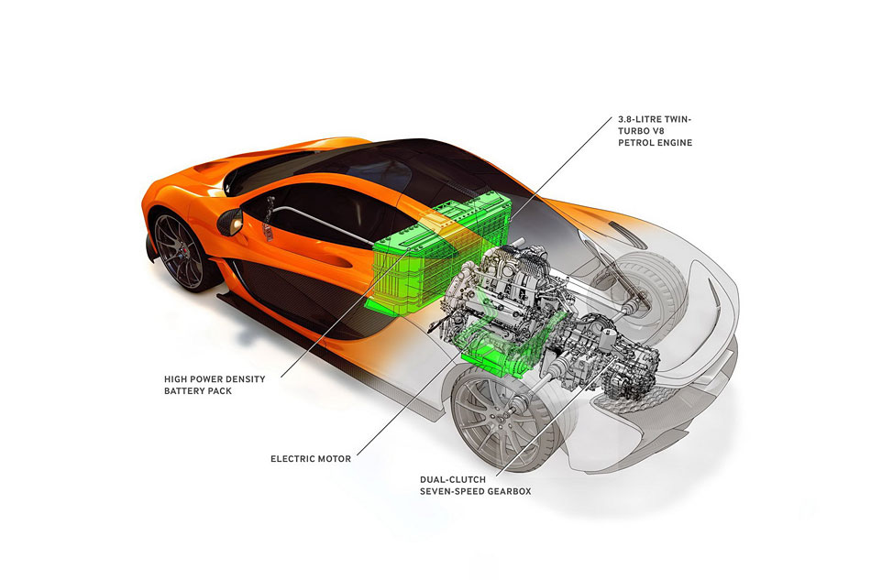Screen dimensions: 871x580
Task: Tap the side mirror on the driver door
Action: pyautogui.click(x=230, y=222)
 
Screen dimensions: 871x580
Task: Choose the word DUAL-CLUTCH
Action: pyautogui.click(x=453, y=479)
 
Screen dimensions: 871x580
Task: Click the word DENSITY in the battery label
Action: pyautogui.click(x=245, y=379)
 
